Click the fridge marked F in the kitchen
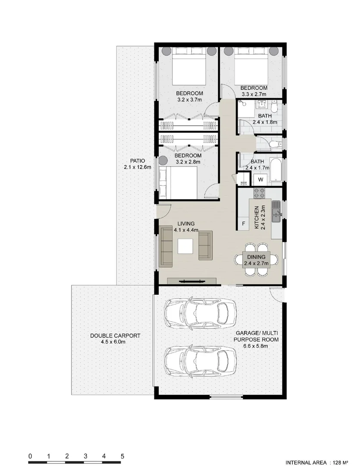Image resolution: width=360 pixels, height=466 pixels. click(x=244, y=224)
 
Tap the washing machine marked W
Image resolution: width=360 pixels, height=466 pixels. click(x=260, y=179)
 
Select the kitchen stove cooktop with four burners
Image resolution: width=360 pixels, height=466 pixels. click(x=260, y=193)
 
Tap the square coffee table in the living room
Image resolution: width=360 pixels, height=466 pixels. click(x=186, y=246)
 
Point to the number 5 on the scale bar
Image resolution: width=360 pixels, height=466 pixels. click(x=122, y=456)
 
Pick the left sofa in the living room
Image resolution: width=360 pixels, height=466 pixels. click(x=166, y=246)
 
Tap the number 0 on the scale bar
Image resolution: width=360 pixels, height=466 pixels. click(x=30, y=456)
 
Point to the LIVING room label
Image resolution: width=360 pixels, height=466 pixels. click(x=186, y=224)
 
